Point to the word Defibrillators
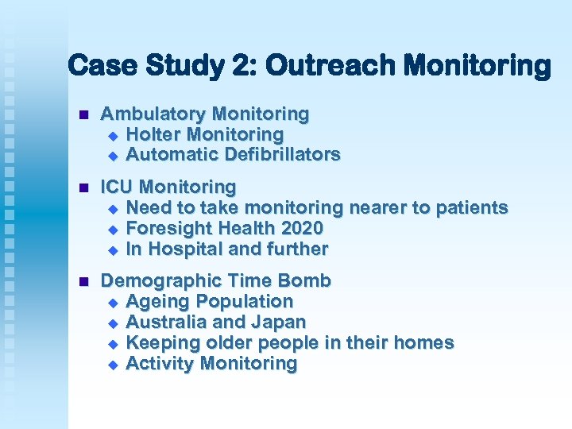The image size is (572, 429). pyautogui.click(x=284, y=154)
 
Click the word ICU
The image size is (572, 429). pyautogui.click(x=118, y=187)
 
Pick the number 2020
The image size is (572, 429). pyautogui.click(x=301, y=229)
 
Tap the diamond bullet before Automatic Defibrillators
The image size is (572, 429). pyautogui.click(x=112, y=155)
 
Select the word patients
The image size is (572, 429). pyautogui.click(x=473, y=208)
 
